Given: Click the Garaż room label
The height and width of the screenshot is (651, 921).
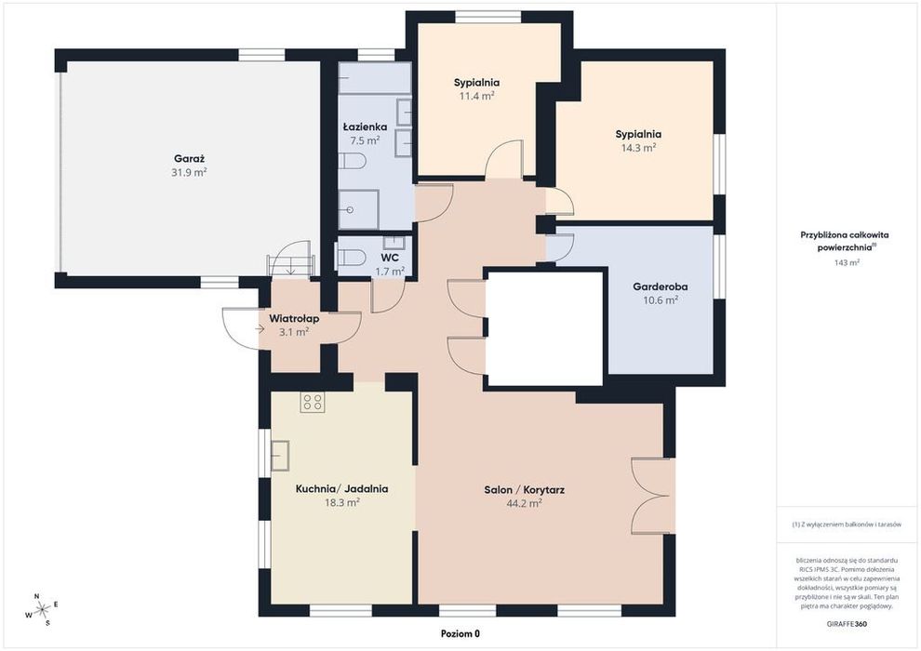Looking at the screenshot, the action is pyautogui.click(x=189, y=158).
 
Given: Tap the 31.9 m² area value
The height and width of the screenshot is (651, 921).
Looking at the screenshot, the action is pyautogui.click(x=189, y=173).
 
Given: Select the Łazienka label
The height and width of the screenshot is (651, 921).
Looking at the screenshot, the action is pyautogui.click(x=365, y=126).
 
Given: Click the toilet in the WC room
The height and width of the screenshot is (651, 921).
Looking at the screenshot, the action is pyautogui.click(x=351, y=257).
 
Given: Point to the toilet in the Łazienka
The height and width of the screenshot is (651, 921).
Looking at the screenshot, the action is pyautogui.click(x=353, y=161).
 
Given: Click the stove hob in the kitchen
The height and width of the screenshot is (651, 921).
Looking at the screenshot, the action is pyautogui.click(x=313, y=402).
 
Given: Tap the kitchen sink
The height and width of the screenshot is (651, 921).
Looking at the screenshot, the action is pyautogui.click(x=280, y=455).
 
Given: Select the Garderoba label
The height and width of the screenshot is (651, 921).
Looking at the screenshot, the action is pyautogui.click(x=661, y=287).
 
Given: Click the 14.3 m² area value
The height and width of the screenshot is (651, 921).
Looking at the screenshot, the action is pyautogui.click(x=638, y=148).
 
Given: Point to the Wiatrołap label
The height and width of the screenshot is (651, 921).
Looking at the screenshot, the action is pyautogui.click(x=294, y=319).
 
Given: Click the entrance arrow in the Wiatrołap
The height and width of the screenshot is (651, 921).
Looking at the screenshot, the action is pyautogui.click(x=260, y=329).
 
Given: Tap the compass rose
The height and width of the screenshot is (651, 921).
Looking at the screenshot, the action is pyautogui.click(x=42, y=610).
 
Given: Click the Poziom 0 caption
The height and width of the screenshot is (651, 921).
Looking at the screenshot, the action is pyautogui.click(x=460, y=634).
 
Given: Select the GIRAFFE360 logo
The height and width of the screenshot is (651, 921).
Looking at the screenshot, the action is pyautogui.click(x=846, y=624).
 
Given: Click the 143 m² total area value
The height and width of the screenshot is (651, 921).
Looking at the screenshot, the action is pyautogui.click(x=847, y=263).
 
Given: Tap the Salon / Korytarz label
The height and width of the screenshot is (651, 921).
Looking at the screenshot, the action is pyautogui.click(x=525, y=489).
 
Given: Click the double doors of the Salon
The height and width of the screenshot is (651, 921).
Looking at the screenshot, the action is pyautogui.click(x=653, y=496).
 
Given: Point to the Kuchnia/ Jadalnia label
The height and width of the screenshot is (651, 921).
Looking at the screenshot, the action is pyautogui.click(x=341, y=489).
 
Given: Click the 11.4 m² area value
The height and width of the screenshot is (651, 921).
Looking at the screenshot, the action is pyautogui.click(x=476, y=97).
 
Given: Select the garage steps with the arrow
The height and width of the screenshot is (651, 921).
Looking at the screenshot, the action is pyautogui.click(x=291, y=262).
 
